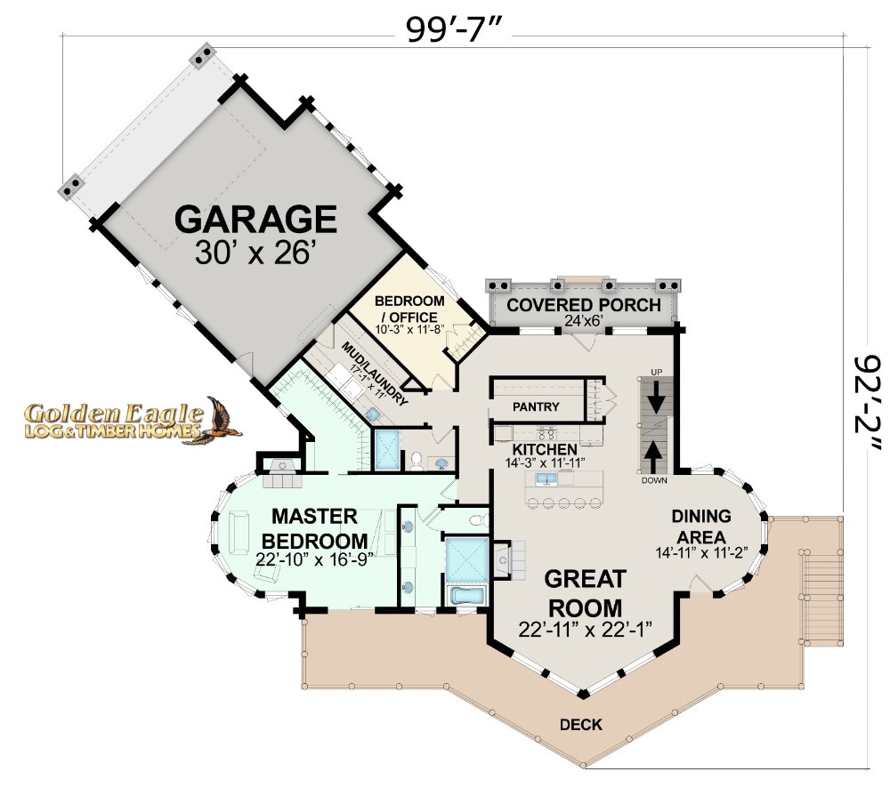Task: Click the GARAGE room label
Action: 256,220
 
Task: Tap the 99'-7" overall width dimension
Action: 453,29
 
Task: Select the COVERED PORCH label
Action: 584,305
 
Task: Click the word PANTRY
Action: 536,406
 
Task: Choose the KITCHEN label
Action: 545,450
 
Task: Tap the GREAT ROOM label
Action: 586,594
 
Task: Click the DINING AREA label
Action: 701,527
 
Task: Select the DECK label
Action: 580,725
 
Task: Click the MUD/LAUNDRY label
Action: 375,373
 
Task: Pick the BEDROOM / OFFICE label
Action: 409,309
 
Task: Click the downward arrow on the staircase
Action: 657,397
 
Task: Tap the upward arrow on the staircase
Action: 654,457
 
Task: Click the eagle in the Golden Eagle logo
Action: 222,420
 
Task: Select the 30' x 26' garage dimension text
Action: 255,253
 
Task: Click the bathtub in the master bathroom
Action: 466,595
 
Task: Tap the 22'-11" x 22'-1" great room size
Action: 585,630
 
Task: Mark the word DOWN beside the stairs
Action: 654,481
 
